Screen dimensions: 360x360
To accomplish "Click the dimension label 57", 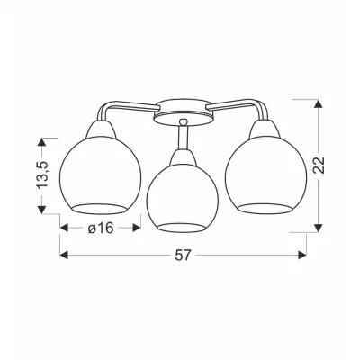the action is [x=183, y=255].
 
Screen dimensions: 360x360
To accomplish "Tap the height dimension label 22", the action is [x=319, y=165].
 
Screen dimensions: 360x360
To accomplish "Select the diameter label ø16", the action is [x=101, y=229].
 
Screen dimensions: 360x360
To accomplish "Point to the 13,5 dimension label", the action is [x=42, y=175].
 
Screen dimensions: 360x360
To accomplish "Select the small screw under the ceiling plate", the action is [x=183, y=121].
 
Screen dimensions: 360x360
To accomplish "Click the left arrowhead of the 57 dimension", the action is [x=64, y=255].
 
